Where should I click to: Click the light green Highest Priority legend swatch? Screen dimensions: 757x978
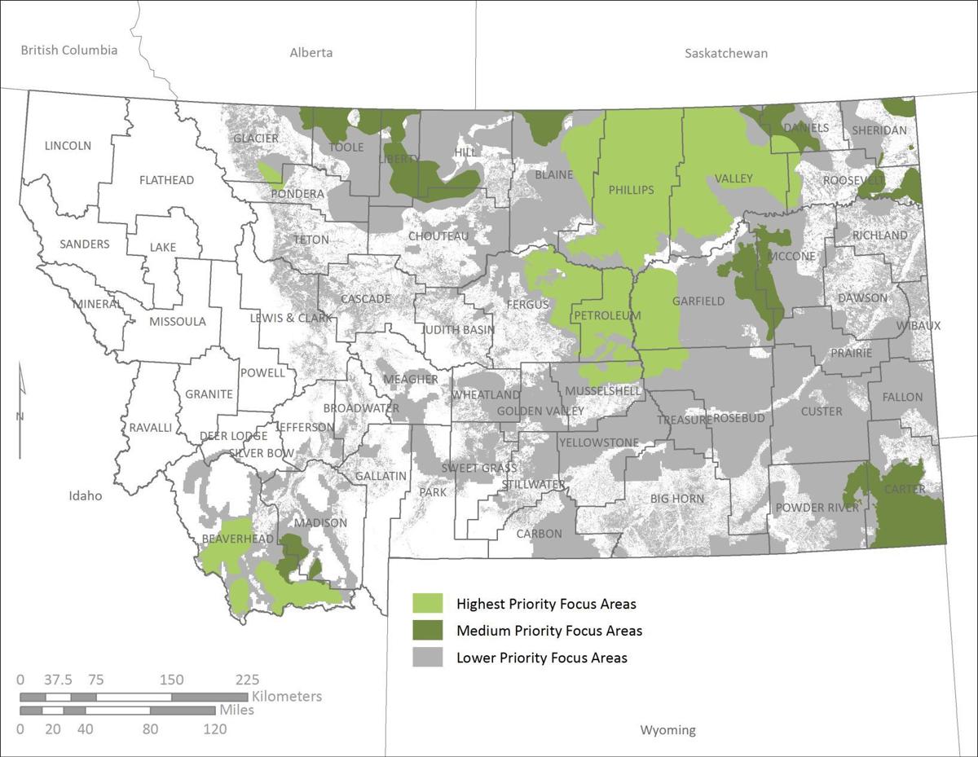point(427,604)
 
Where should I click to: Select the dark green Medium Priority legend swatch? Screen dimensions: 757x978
point(427,630)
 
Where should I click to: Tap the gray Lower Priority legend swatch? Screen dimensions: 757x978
point(427,657)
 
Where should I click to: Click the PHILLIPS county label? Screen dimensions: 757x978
point(631,190)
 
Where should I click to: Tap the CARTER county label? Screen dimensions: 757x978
point(905,489)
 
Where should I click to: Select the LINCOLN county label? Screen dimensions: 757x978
point(68,146)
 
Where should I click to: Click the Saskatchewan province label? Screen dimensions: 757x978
point(725,54)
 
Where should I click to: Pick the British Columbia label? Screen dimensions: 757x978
point(69,51)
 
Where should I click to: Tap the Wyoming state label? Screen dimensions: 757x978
point(667,729)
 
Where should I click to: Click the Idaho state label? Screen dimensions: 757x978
point(86,495)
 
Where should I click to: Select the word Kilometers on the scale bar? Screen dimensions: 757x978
point(287,697)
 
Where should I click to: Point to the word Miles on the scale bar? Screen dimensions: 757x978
point(236,711)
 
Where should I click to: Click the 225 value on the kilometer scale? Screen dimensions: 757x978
point(247,680)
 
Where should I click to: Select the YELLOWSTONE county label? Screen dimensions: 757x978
point(598,442)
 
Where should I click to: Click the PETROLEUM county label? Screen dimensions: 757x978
point(607,315)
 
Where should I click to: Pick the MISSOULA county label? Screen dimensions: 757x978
point(178,321)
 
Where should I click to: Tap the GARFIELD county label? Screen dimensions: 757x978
point(698,301)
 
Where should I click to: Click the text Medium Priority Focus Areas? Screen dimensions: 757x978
point(548,631)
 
